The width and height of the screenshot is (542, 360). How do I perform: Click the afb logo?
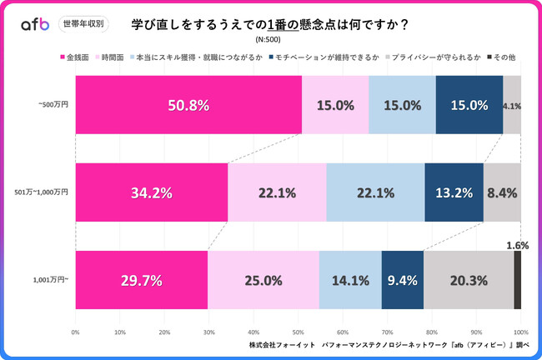[x=35, y=25]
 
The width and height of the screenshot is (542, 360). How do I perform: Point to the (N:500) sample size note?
[x=270, y=39]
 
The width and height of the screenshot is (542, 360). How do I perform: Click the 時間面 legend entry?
[x=115, y=57]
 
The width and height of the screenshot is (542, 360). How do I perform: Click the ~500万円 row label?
[x=53, y=105]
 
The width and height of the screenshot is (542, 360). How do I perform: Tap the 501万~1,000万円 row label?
[x=43, y=192]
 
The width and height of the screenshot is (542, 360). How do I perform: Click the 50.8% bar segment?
[x=188, y=105]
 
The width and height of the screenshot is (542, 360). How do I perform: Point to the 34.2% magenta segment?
[x=152, y=192]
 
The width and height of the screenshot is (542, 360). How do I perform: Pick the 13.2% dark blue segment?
[x=454, y=192]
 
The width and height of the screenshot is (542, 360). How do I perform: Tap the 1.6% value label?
[x=517, y=246]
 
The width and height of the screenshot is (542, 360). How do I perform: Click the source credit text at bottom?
[x=389, y=344]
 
